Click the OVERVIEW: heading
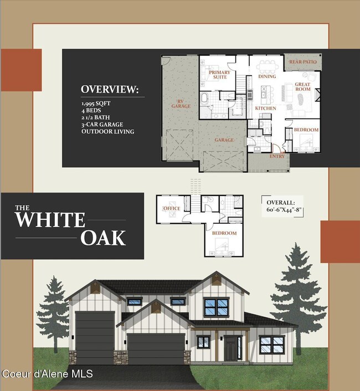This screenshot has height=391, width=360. tap(109, 89)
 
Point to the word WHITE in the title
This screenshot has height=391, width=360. tap(50, 219)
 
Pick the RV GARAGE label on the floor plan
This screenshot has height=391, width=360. tap(180, 102)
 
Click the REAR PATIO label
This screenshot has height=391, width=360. tap(302, 62)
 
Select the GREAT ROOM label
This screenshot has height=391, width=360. tap(302, 86)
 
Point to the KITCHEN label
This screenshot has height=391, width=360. tap(265, 108)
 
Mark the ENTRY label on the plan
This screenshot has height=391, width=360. tap(277, 156)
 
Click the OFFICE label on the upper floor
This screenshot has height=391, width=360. tap(172, 208)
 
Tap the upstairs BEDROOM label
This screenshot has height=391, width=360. tap(224, 233)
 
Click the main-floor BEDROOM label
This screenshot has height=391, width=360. tap(306, 130)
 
